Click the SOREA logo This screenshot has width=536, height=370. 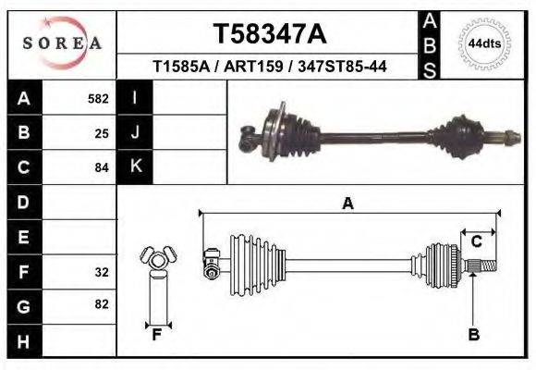pos(62,43)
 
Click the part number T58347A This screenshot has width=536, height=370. pos(270,34)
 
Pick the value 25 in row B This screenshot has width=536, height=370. pos(102,133)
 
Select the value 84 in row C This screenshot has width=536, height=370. pos(102,168)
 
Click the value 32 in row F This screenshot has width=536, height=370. pos(102,272)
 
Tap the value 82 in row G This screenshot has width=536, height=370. pos(102,304)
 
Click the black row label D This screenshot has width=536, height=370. pos(23,202)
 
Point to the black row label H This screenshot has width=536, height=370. pos(23,341)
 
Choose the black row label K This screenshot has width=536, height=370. pos(136,166)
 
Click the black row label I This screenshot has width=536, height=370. pos(136,97)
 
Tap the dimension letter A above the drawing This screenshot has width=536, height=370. pos(347,203)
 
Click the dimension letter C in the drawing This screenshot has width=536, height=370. pos(477,242)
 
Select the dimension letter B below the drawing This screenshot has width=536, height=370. pos(473,335)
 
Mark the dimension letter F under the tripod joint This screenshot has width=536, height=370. pos(157,335)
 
